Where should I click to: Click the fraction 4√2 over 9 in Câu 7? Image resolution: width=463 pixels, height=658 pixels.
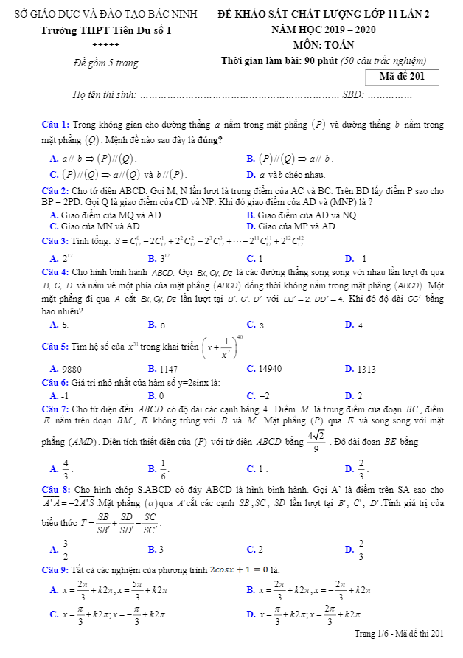[x=317, y=442]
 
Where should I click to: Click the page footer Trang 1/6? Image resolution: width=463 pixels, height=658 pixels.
[x=399, y=633]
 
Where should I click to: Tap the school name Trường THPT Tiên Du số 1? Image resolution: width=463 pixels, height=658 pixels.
[x=105, y=31]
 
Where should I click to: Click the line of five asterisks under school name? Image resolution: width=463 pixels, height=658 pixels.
[x=105, y=46]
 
